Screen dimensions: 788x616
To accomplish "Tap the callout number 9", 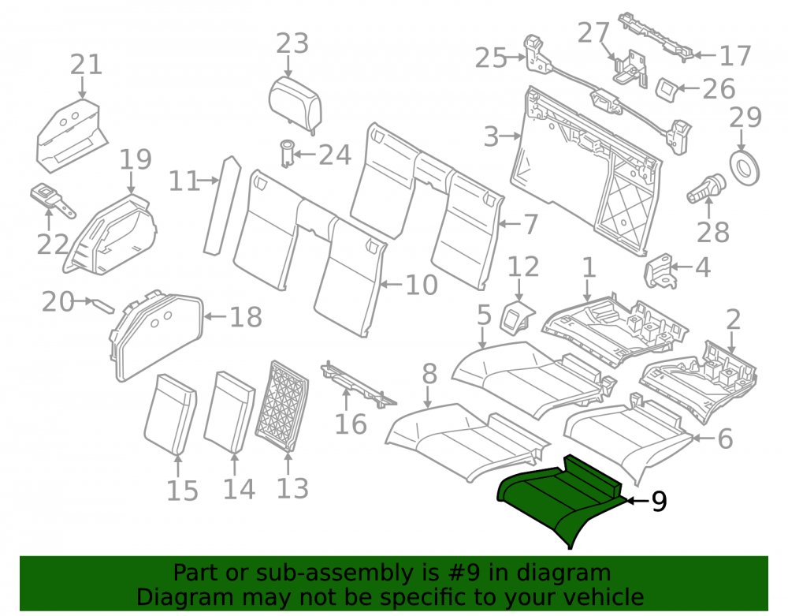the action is click(659, 502).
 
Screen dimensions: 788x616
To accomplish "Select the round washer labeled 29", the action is click(745, 167).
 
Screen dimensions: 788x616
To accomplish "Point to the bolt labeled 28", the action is click(705, 188).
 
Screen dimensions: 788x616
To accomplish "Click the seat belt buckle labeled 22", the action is click(52, 200).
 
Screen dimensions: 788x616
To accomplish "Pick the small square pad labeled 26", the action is click(668, 89).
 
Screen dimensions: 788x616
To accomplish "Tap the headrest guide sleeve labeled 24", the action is click(287, 152).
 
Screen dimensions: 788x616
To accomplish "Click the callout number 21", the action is click(87, 65).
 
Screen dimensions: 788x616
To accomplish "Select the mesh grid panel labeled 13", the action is click(281, 405).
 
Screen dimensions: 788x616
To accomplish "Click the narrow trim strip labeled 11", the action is click(222, 206).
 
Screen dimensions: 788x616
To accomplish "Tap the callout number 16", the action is click(351, 424).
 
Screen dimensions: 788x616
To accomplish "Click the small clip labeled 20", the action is click(103, 305).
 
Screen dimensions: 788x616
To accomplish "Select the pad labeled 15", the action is click(171, 414).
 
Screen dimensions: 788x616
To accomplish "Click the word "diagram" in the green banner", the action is click(568, 573).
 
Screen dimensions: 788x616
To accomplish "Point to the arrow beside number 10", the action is click(392, 285).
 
